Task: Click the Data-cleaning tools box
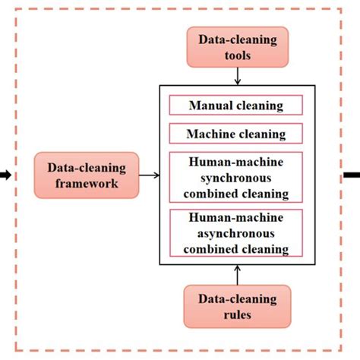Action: coord(238,46)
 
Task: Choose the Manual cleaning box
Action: coord(236,106)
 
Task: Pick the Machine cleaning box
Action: coord(236,134)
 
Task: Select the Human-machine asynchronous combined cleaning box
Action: coord(236,233)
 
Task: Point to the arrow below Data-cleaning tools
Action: coord(238,75)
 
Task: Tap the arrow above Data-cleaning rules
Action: coord(238,274)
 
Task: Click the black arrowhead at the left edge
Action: coord(5,175)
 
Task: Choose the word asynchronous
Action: coord(236,233)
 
